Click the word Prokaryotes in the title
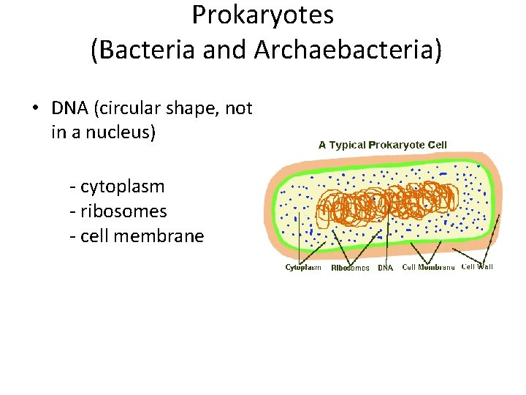(262, 15)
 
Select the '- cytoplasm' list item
(117, 187)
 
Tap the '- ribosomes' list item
(118, 211)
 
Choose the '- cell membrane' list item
(136, 236)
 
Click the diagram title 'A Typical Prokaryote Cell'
(382, 145)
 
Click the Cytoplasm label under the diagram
(303, 268)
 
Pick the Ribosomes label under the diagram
(350, 268)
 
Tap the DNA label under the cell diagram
(385, 268)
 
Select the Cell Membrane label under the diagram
(428, 268)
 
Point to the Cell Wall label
(477, 267)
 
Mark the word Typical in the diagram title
(348, 145)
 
